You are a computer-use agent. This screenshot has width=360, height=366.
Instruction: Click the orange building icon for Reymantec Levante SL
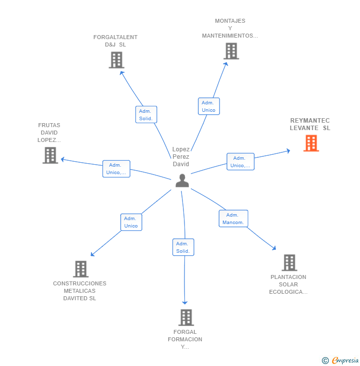[x=311, y=143]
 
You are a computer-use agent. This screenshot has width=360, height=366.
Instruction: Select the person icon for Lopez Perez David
[x=182, y=181]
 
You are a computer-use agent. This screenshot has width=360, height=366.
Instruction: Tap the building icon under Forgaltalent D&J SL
[x=116, y=60]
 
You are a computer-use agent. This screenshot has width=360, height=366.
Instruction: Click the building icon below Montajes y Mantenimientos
[x=231, y=51]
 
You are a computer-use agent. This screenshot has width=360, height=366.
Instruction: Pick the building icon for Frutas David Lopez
[x=50, y=155]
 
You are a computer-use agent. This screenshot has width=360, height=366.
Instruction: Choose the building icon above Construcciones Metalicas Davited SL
[x=81, y=269]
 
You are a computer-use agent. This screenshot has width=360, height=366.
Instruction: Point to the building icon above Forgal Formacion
[x=185, y=318]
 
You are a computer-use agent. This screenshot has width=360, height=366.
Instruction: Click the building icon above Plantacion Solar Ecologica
[x=289, y=263]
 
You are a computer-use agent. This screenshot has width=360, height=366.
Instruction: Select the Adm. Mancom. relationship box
[x=233, y=219]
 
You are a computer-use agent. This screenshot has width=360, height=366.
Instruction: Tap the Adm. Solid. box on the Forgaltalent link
[x=146, y=115]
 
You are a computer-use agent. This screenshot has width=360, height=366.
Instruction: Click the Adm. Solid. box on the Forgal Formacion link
[x=183, y=247]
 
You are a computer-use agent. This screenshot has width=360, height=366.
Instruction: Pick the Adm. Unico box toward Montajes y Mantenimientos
[x=209, y=106]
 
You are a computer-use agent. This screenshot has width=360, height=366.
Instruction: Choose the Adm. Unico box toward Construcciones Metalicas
[x=131, y=222]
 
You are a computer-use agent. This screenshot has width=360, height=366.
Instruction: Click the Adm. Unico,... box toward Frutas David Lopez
[x=116, y=169]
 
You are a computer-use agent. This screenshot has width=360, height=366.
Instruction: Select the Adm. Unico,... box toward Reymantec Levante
[x=240, y=162]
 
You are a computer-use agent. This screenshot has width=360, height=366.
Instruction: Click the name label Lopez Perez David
[x=181, y=157]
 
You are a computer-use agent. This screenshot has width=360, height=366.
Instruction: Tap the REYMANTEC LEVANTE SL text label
[x=310, y=124]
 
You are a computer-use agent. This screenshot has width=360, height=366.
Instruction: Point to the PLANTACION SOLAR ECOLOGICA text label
[x=288, y=284]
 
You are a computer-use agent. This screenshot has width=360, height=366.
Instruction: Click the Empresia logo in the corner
[x=341, y=360]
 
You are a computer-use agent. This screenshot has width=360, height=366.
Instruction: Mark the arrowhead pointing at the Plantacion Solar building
[x=274, y=248]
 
